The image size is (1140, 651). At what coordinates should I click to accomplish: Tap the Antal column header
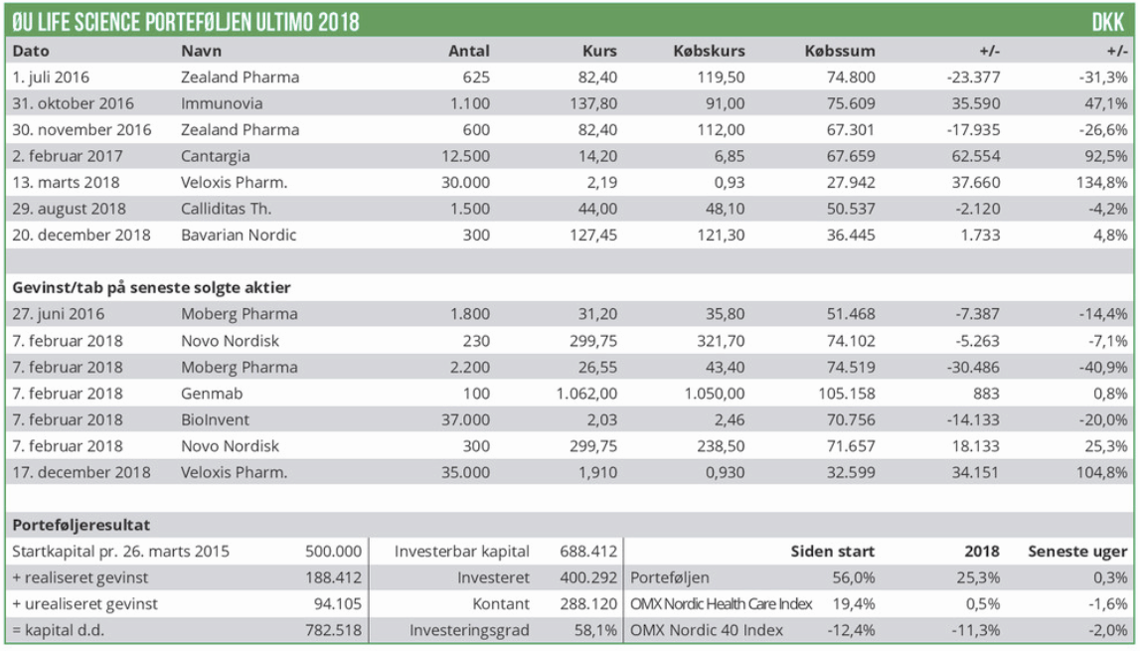(x=469, y=51)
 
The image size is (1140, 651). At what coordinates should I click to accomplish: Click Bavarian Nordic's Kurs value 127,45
(x=592, y=236)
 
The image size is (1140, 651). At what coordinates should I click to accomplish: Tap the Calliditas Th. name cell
(x=227, y=209)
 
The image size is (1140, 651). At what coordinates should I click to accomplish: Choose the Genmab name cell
(x=209, y=393)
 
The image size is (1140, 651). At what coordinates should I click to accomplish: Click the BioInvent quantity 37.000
(x=463, y=419)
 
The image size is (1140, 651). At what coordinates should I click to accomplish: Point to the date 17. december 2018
(x=81, y=472)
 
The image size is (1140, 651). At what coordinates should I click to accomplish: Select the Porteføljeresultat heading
(x=81, y=525)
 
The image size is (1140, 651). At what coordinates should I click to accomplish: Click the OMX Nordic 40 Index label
(x=707, y=630)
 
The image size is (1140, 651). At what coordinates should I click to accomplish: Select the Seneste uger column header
(x=1079, y=552)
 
